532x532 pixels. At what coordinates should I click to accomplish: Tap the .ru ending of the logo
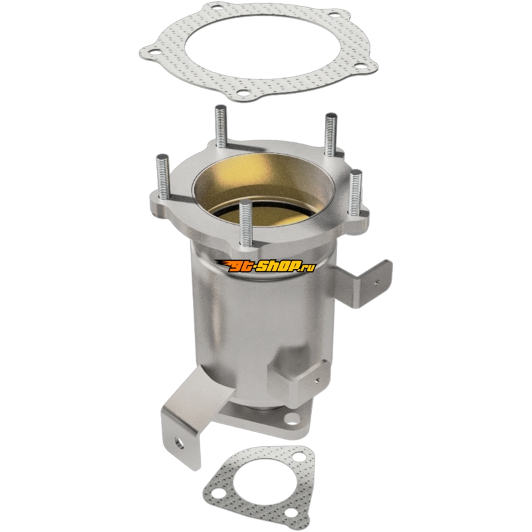point(307,268)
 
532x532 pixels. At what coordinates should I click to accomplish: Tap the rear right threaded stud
point(331,134)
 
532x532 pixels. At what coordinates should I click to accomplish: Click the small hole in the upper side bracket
point(376,281)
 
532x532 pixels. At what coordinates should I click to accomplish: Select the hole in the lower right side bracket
point(317,380)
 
